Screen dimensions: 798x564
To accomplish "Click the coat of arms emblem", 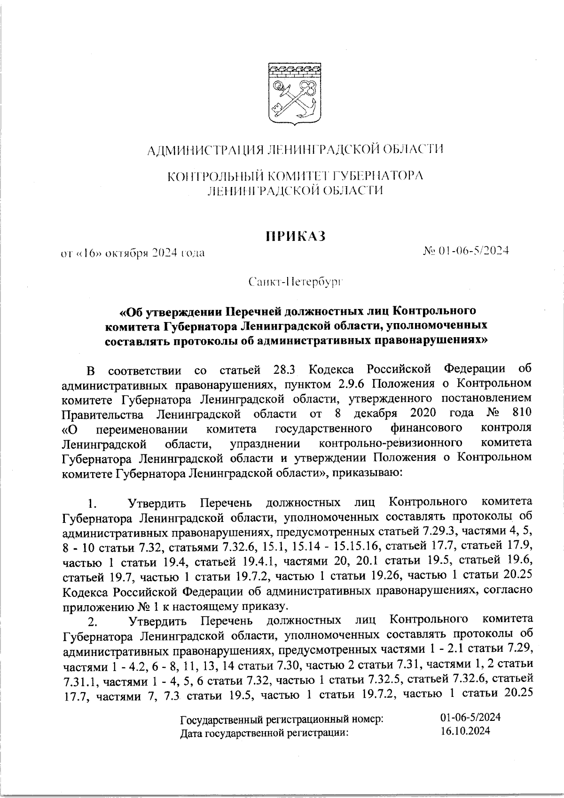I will tap(295, 94).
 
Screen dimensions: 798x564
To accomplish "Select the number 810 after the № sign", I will tap(521, 413).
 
